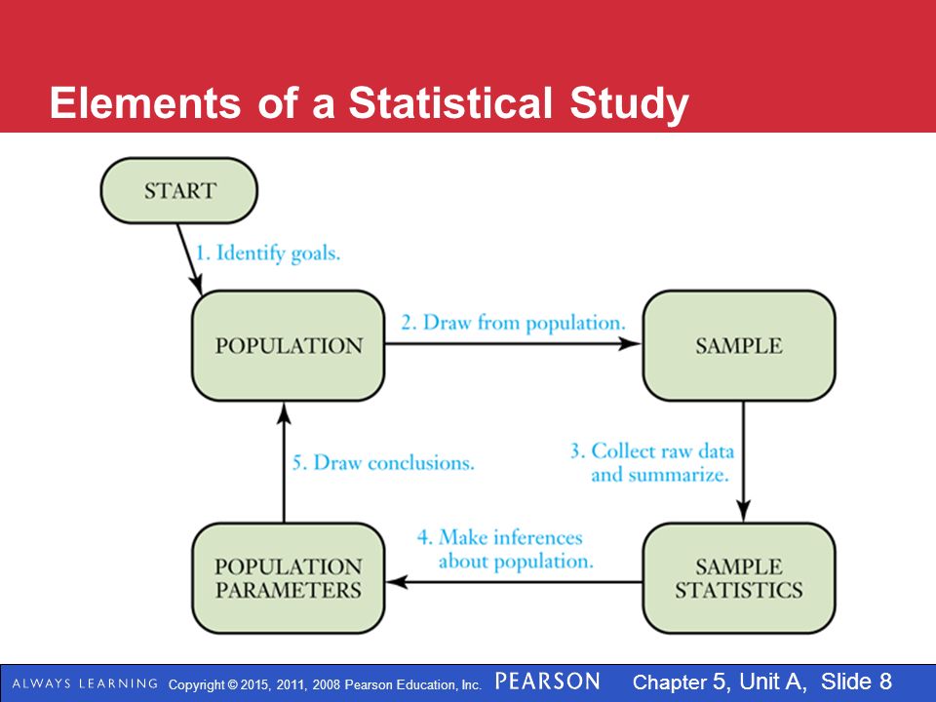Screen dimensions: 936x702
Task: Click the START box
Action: pos(179,190)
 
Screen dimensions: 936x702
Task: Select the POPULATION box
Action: pos(289,345)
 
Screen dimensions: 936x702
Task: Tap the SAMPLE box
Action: pos(739,345)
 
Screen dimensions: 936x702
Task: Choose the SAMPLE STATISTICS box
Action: pos(739,578)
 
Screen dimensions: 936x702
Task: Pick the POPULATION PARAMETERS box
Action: pos(289,578)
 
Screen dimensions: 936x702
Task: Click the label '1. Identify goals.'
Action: pos(268,253)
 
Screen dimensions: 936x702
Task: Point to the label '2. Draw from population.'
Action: pos(514,323)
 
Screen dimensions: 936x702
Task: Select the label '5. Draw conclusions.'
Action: pos(383,462)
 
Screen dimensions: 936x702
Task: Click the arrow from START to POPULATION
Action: pos(189,259)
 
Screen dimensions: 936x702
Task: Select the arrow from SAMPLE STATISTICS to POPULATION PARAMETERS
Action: pos(514,581)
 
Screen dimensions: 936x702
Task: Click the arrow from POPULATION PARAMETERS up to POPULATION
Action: pos(284,462)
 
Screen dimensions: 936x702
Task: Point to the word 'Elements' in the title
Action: pos(145,102)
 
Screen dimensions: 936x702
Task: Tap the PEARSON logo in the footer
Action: pos(547,682)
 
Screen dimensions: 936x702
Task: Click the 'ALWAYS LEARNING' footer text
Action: pos(85,683)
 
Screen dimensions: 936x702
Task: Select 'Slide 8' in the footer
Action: pos(857,682)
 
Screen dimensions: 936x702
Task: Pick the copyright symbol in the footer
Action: pos(232,684)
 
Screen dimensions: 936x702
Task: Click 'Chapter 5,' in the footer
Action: pos(682,682)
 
